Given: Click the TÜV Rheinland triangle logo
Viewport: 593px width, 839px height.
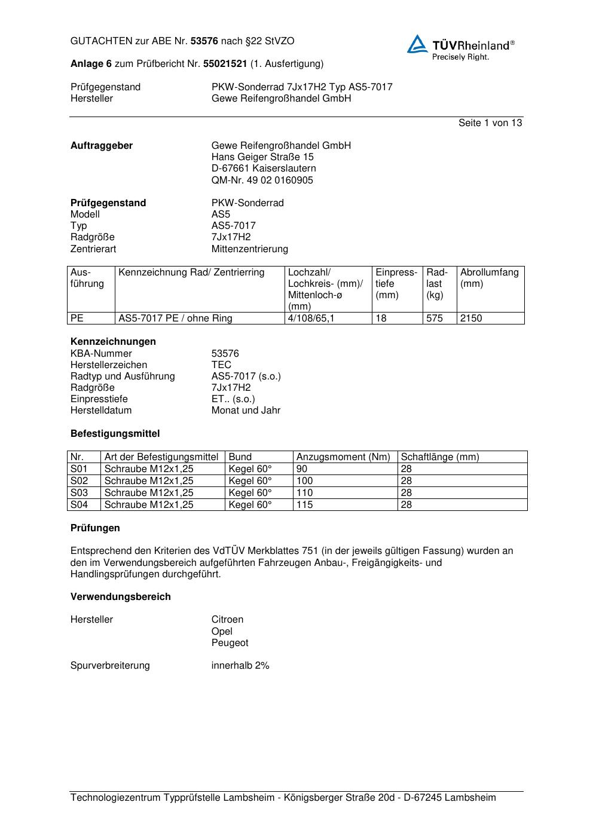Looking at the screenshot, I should tap(417, 44).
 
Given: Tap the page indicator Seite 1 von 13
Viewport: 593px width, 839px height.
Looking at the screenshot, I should tap(490, 123).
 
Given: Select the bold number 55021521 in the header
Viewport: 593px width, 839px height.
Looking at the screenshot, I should tap(225, 64).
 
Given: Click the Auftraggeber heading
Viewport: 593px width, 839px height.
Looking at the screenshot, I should tap(102, 146).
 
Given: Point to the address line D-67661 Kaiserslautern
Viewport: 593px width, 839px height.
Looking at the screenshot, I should tap(264, 169).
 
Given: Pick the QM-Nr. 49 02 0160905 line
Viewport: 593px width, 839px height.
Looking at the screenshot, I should tap(262, 180).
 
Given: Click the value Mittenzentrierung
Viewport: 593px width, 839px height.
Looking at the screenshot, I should tap(249, 249).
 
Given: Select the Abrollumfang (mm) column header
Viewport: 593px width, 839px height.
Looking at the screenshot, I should tap(489, 278).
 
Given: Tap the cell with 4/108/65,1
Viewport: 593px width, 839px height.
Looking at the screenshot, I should tap(311, 319).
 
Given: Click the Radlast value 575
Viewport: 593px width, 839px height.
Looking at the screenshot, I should tap(435, 319).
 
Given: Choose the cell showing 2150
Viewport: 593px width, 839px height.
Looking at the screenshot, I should tap(471, 319).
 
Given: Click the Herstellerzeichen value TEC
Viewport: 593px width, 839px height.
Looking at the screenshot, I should tap(221, 365).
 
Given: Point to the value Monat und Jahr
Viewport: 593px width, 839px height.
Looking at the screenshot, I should tap(246, 411).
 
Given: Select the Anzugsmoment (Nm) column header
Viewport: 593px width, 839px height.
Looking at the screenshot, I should tap(343, 457).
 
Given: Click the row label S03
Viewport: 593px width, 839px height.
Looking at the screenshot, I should tap(79, 493).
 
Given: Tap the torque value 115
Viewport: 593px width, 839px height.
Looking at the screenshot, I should tap(304, 505).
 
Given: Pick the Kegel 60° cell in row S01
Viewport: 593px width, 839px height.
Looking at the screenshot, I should tap(250, 469).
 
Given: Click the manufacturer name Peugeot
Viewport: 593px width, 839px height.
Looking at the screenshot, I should tap(230, 643).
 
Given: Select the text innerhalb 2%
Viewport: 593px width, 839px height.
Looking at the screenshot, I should tap(240, 666).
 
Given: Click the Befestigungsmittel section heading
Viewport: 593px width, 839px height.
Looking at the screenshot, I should tap(115, 434).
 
